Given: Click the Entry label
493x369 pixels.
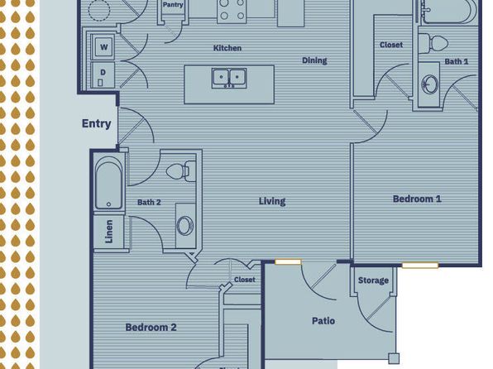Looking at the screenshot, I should (96, 124).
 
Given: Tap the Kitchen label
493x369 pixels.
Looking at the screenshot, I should (227, 49).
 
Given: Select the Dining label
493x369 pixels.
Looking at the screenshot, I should (314, 60).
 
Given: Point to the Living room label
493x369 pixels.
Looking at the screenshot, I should (271, 201).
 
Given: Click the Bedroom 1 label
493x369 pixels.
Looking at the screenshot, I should (416, 199).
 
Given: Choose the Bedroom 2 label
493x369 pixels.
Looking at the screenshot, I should (151, 328).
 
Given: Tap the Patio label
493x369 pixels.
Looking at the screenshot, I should (323, 321).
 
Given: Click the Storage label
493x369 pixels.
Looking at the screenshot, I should (373, 281).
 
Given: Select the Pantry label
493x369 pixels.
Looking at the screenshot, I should (173, 5).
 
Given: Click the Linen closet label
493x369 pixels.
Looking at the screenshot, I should (109, 232).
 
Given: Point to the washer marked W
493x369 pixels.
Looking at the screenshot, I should (104, 47).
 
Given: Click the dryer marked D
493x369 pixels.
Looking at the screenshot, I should (104, 73).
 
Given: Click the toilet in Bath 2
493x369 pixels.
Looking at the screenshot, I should (179, 171).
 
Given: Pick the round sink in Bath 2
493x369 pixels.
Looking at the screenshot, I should (184, 224).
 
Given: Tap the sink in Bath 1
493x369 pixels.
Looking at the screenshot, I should (430, 85).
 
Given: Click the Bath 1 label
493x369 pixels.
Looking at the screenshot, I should (456, 61).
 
